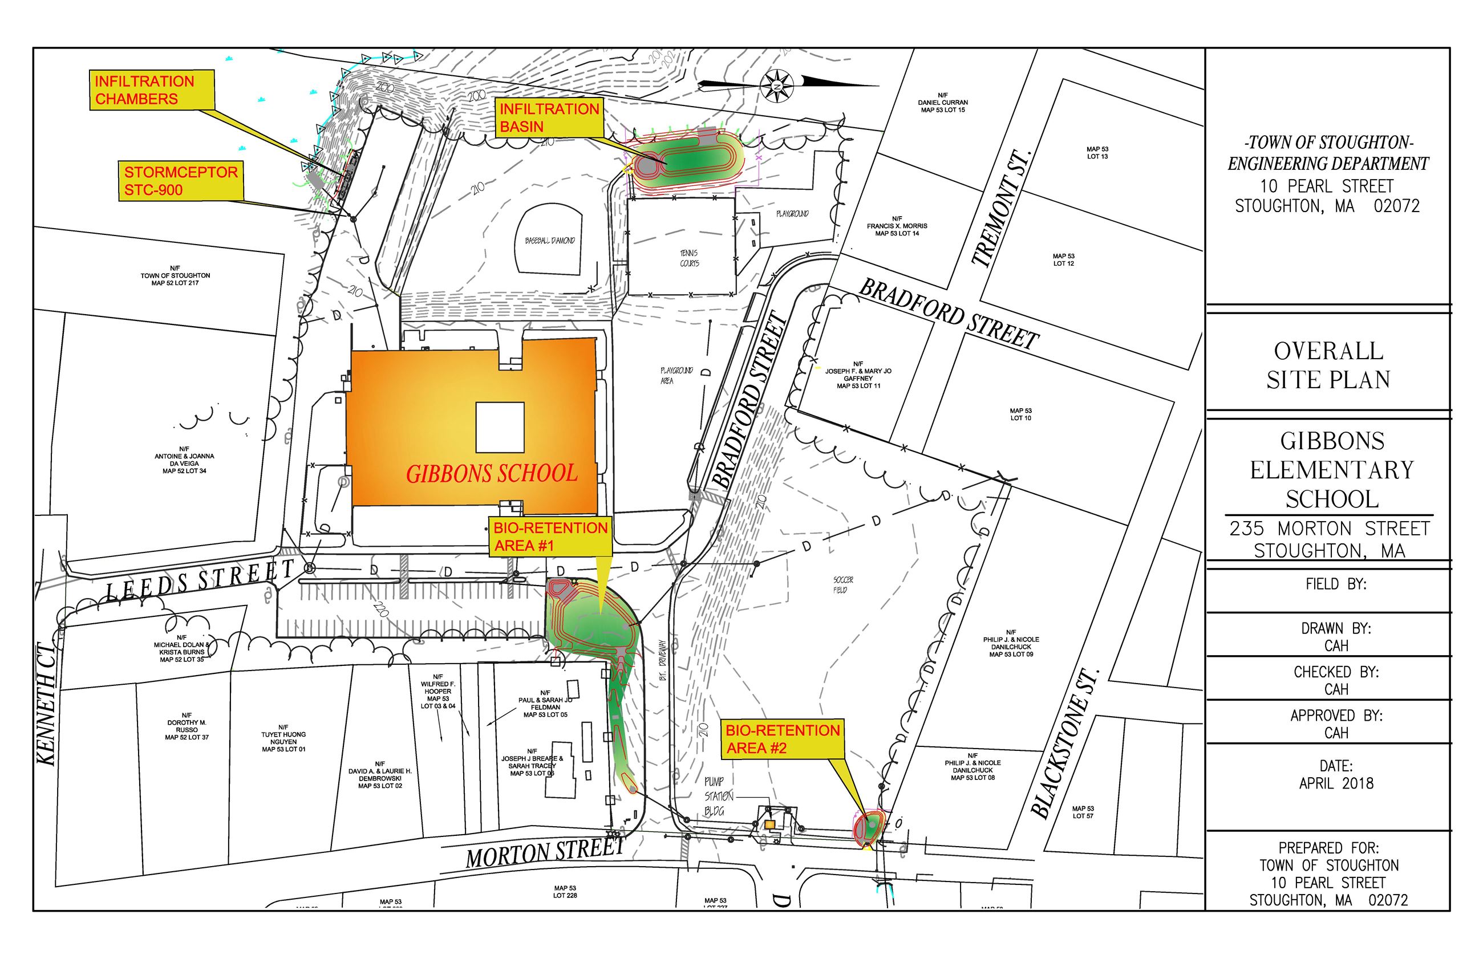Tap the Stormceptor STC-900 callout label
(x=181, y=181)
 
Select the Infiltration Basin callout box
(x=549, y=117)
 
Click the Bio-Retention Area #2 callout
(x=783, y=738)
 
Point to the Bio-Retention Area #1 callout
(x=550, y=536)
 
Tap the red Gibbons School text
(x=492, y=474)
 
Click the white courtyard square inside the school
(x=500, y=427)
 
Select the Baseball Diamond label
(x=549, y=241)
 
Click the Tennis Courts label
(x=689, y=258)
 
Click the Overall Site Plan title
(x=1328, y=365)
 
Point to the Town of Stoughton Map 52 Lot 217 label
(x=175, y=275)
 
